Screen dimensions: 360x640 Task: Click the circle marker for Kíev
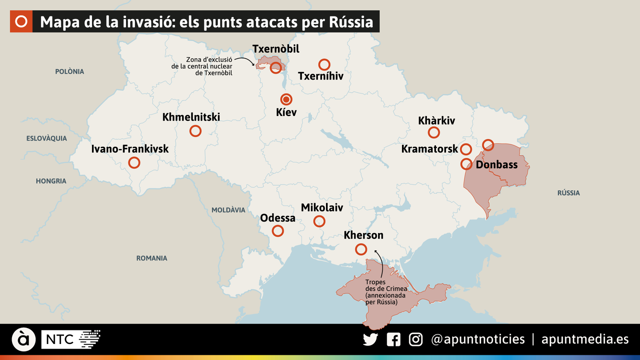click(286, 99)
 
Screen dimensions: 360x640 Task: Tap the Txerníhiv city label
click(320, 76)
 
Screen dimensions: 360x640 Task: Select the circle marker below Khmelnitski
click(195, 131)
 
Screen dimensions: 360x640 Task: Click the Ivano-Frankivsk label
click(130, 149)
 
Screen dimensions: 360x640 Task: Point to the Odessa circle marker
click(278, 231)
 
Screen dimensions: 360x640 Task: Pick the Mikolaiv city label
click(322, 208)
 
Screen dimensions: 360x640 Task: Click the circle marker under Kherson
click(361, 250)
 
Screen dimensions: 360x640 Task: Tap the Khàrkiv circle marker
click(434, 132)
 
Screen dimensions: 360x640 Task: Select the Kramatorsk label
click(429, 149)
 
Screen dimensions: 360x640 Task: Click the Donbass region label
click(496, 164)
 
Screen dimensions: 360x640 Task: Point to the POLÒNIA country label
click(70, 72)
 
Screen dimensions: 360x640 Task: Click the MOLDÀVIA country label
click(228, 210)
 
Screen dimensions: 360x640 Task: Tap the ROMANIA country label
click(152, 258)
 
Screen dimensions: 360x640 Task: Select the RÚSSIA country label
click(568, 193)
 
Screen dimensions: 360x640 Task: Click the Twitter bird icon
click(370, 340)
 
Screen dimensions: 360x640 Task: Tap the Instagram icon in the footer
click(416, 340)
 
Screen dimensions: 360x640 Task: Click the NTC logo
click(71, 340)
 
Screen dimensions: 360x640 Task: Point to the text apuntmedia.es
click(585, 339)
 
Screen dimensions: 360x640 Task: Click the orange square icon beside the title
click(21, 22)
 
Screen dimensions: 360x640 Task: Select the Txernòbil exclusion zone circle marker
click(276, 68)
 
